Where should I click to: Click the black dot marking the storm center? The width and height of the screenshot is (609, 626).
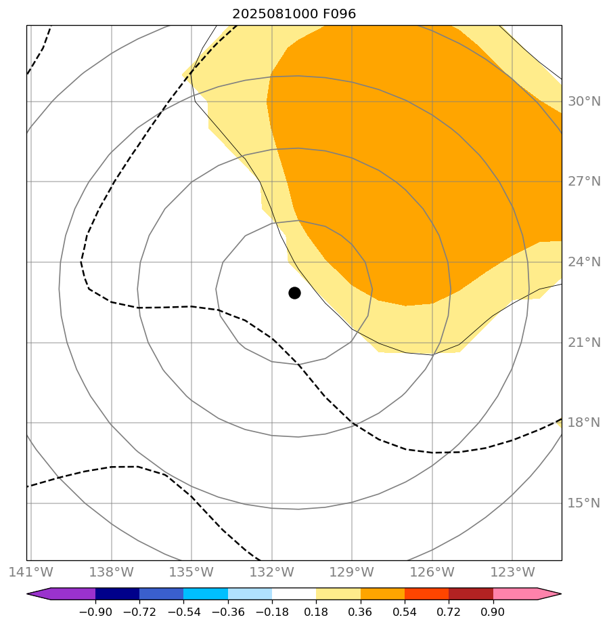[x=294, y=293]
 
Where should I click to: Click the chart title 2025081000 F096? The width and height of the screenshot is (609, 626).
[x=294, y=14]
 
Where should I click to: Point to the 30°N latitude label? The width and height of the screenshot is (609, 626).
[x=584, y=102]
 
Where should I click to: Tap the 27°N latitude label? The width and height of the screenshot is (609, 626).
[x=584, y=182]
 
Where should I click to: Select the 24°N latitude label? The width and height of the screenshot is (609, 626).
[x=584, y=262]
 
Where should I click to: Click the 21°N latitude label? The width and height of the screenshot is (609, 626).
[x=584, y=343]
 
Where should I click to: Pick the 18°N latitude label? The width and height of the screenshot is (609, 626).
[x=584, y=423]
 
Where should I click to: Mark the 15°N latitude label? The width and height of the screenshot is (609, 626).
[x=584, y=503]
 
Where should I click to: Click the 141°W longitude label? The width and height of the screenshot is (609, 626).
[x=31, y=572]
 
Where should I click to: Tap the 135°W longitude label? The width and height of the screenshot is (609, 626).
[x=191, y=572]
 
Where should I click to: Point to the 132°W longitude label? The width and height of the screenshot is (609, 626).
[x=271, y=572]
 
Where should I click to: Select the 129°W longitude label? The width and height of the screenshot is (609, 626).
[x=352, y=572]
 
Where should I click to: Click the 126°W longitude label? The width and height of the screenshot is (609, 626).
[x=432, y=572]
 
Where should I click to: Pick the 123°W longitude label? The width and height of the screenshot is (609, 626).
[x=512, y=572]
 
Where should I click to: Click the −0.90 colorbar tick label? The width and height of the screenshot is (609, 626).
[x=95, y=612]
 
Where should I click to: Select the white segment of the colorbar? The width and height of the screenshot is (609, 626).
[x=294, y=594]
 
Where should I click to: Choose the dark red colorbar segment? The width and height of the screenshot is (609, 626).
[x=471, y=594]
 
